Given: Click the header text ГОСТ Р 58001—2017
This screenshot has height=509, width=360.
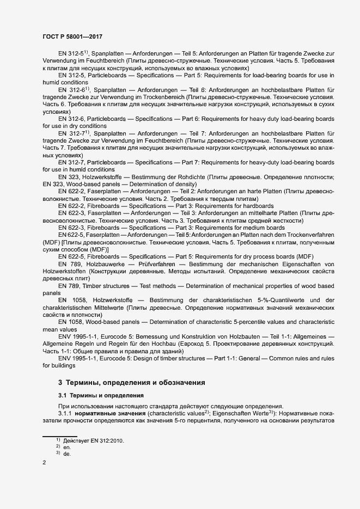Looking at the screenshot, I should coord(72,36).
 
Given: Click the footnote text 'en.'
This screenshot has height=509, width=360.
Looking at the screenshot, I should coord(67,447).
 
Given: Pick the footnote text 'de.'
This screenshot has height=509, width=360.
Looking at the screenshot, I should coord(67,453).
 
